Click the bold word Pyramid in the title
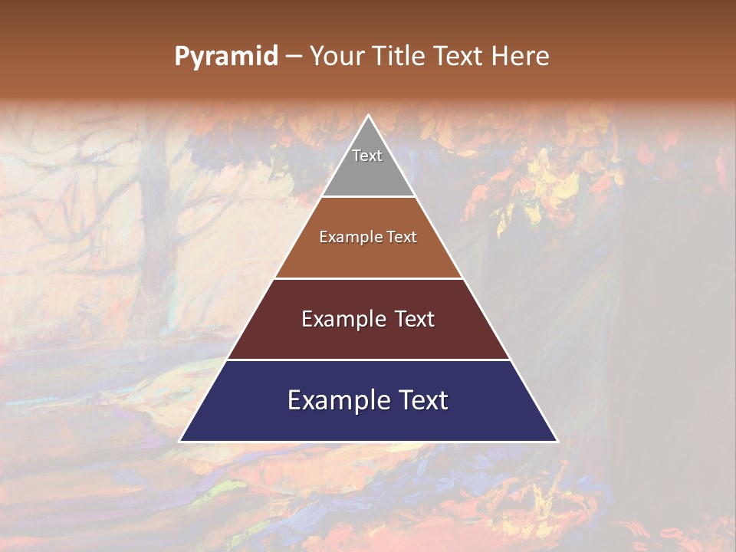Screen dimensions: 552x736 click(x=226, y=56)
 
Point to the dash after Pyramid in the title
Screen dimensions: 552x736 click(x=294, y=57)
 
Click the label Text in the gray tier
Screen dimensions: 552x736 click(x=367, y=156)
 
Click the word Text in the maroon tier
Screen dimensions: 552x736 click(x=411, y=319)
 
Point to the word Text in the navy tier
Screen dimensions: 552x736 click(x=422, y=400)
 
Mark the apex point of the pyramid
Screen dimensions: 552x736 click(x=369, y=116)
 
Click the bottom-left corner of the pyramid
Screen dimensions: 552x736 click(x=180, y=441)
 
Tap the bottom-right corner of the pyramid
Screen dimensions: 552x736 click(x=557, y=441)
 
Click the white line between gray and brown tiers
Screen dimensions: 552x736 click(x=368, y=197)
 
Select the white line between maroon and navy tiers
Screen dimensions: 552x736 click(x=368, y=360)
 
